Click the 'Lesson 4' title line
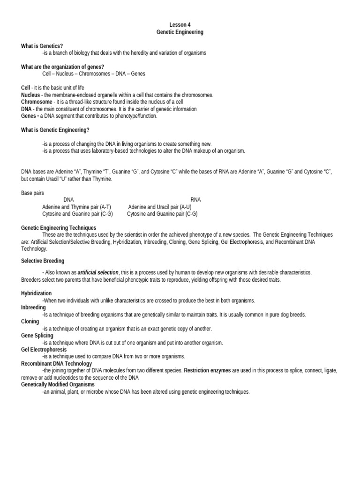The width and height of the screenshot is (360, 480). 180,25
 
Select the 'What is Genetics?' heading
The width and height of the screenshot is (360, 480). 42,46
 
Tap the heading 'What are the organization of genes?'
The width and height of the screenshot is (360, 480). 62,67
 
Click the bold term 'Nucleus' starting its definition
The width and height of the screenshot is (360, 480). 30,95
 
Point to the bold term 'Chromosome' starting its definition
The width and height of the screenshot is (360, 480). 37,102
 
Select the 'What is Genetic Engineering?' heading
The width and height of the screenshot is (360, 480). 55,130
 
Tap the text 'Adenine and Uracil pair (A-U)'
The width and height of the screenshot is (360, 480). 159,207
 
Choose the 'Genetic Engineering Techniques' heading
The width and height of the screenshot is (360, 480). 59,228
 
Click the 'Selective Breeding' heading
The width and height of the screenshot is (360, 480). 43,261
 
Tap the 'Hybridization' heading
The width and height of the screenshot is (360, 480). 37,293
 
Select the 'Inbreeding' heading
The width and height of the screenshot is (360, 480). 33,307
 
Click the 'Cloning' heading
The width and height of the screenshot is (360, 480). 30,322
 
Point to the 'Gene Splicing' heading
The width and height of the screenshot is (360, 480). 37,336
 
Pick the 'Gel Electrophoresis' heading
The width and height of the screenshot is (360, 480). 44,350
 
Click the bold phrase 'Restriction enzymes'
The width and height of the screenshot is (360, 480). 207,370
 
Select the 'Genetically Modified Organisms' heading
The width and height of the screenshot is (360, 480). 58,384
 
